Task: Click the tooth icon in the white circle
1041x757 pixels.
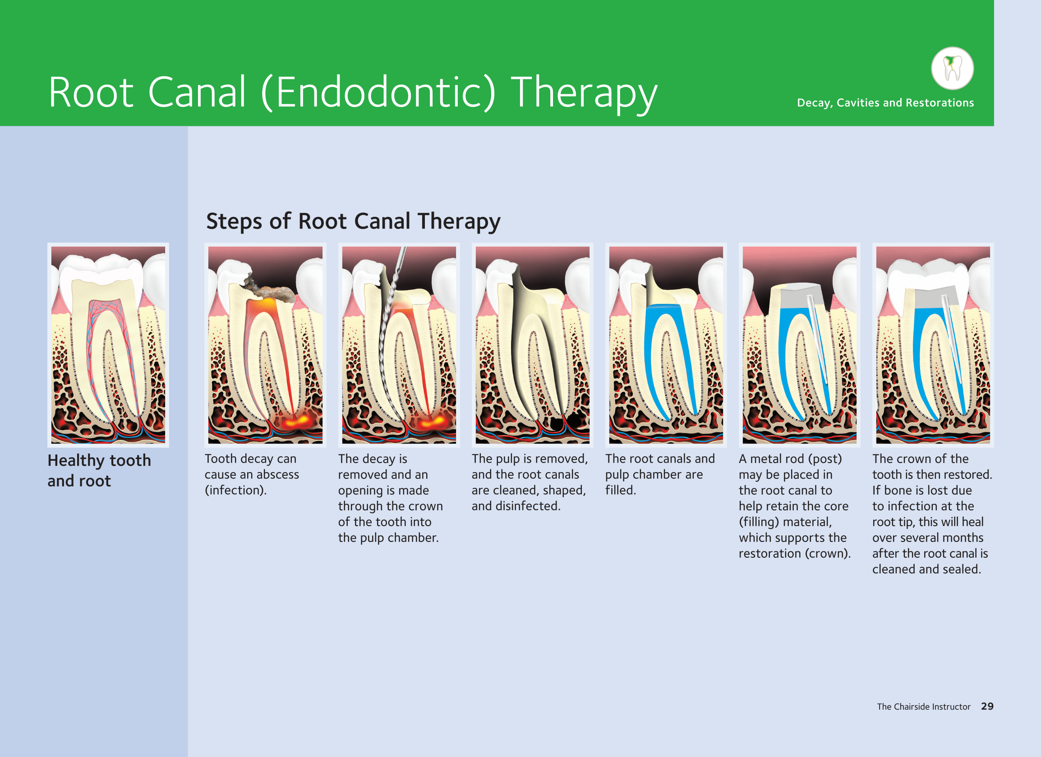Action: pos(953,68)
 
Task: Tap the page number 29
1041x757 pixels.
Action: pos(987,706)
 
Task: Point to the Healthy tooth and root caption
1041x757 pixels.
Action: pos(99,470)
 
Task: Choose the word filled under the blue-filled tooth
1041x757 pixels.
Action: pos(621,490)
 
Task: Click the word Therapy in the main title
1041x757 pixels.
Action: pos(584,94)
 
